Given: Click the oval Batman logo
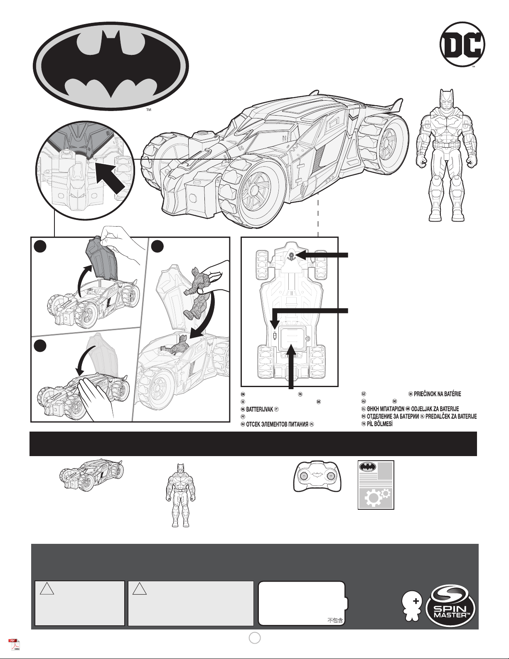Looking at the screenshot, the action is tap(111, 66).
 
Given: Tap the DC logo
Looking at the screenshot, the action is tap(462, 44).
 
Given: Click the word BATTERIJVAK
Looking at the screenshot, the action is tap(259, 410).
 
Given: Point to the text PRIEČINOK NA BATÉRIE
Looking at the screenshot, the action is tap(437, 394).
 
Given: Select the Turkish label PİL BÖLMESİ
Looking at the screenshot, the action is tap(380, 424).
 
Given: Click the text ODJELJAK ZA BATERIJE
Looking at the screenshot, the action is tap(435, 409).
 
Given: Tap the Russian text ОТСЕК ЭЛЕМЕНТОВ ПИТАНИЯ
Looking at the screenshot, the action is tap(277, 424).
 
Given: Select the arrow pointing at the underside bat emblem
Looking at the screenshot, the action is tap(322, 255).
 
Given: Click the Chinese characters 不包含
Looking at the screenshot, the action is tap(335, 620).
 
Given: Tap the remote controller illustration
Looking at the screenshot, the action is tap(317, 477).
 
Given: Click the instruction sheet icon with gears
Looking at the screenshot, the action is tap(376, 485).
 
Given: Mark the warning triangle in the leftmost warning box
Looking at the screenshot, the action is tap(47, 589).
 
